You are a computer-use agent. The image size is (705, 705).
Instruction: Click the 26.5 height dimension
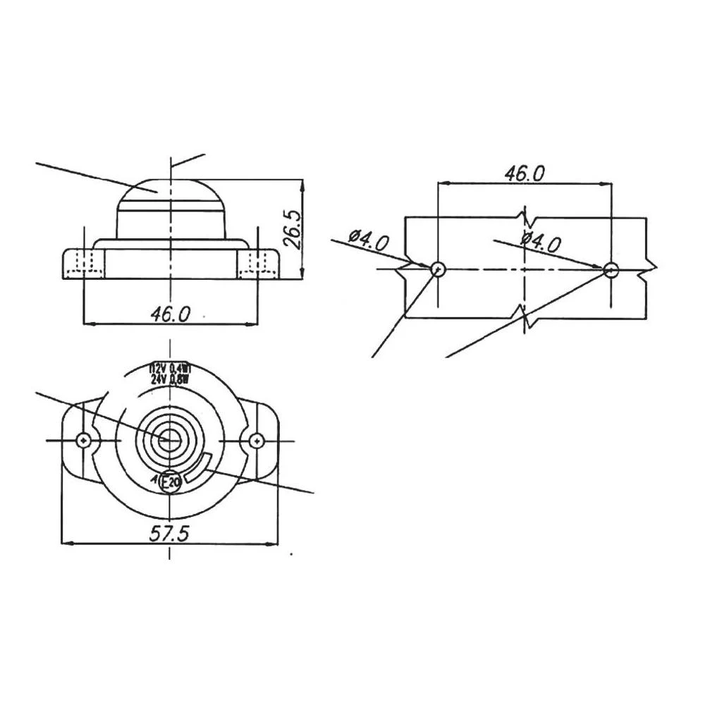[x=292, y=228]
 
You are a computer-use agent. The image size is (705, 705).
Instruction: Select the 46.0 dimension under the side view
[x=170, y=314]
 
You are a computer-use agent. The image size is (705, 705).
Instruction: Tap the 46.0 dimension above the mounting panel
[x=525, y=173]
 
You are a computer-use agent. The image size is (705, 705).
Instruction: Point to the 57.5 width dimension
[x=169, y=534]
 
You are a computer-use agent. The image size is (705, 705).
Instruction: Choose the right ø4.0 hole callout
[x=541, y=243]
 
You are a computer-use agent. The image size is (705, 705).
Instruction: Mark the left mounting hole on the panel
[x=438, y=269]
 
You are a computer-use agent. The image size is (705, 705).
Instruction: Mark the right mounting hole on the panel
[x=611, y=269]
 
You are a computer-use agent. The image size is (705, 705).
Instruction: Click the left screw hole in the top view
[x=84, y=441]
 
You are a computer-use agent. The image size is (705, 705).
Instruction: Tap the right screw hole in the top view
[x=255, y=441]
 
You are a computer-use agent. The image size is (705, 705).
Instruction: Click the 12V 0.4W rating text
[x=170, y=368]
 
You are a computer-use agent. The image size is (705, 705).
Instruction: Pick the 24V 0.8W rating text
[x=170, y=378]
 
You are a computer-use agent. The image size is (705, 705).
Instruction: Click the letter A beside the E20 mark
[x=155, y=481]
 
